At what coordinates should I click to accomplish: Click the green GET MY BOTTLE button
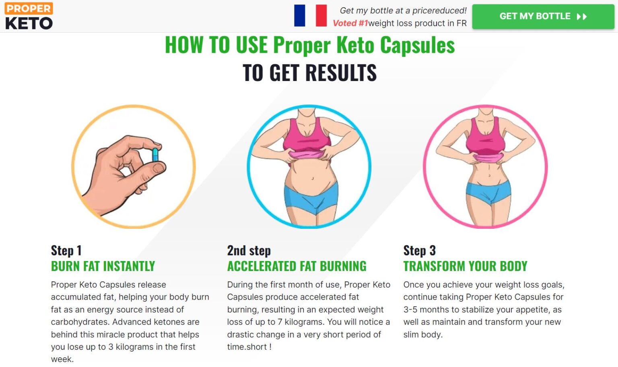tap(543, 17)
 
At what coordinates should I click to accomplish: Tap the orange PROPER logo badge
tap(29, 8)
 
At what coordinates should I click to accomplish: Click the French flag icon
tap(310, 15)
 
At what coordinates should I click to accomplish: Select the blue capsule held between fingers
tap(155, 155)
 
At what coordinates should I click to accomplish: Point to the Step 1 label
tap(66, 251)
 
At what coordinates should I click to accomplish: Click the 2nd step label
tap(249, 251)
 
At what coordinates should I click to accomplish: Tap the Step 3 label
tap(419, 251)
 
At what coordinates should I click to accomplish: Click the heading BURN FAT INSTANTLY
tap(103, 266)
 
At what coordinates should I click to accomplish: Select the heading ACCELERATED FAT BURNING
tap(297, 266)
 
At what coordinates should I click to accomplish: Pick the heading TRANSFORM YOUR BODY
tap(465, 266)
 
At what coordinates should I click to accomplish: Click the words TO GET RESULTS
tap(309, 73)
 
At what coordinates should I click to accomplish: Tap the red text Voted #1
tap(350, 23)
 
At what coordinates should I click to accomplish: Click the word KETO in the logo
tap(29, 23)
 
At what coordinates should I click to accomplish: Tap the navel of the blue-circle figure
tap(313, 178)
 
